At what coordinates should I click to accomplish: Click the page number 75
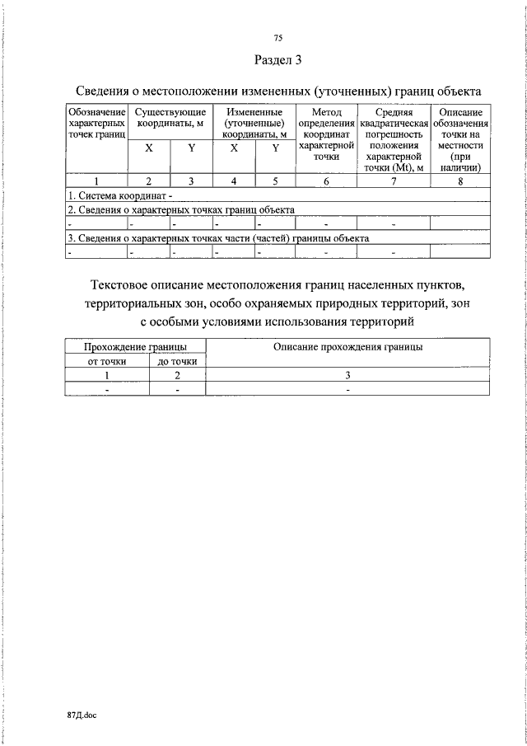(277, 38)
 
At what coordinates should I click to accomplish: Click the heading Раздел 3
(277, 59)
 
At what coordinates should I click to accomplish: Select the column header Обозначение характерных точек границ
(97, 122)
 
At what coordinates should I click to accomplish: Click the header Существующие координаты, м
(170, 117)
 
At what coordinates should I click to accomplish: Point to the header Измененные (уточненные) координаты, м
(254, 122)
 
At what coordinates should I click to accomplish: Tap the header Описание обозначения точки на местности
(460, 139)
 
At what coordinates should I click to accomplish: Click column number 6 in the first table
(326, 182)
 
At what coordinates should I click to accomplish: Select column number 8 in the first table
(460, 182)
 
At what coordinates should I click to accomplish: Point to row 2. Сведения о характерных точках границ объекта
(181, 209)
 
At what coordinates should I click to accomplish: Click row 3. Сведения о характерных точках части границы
(218, 237)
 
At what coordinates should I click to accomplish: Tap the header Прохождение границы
(135, 347)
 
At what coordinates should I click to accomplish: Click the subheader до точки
(177, 361)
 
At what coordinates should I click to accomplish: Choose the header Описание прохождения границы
(348, 347)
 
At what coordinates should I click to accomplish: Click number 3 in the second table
(348, 375)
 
